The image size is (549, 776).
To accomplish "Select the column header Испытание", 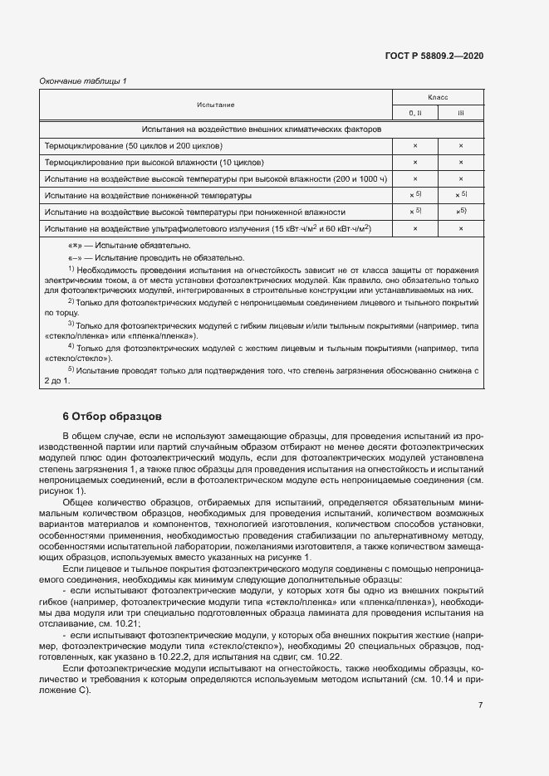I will (x=216, y=105).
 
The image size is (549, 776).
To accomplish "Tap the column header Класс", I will (x=438, y=97).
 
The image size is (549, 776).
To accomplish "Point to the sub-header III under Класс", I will (x=461, y=113).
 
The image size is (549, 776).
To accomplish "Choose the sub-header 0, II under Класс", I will (x=414, y=113).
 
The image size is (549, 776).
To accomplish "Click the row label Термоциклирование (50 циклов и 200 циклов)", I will (x=134, y=146).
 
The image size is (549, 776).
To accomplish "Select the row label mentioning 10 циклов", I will (x=154, y=163).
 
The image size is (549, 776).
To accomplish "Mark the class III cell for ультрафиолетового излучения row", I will (x=461, y=229).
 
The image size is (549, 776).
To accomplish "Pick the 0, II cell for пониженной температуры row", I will (x=416, y=196).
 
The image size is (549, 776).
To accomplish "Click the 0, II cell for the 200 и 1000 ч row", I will (x=414, y=179).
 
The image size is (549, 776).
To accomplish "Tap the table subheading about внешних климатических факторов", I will (x=261, y=130).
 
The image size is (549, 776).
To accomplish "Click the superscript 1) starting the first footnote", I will (x=71, y=268).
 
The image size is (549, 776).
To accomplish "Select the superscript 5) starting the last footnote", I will (x=71, y=368).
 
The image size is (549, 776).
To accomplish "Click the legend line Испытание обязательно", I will (x=129, y=246).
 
